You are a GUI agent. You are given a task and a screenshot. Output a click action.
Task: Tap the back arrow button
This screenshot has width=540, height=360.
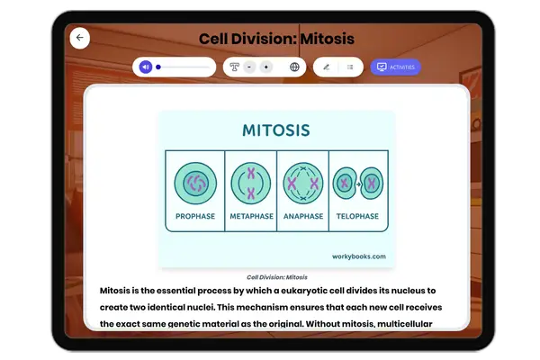pyautogui.click(x=79, y=38)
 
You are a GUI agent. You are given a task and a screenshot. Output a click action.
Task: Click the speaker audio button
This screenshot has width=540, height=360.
pyautogui.click(x=146, y=67)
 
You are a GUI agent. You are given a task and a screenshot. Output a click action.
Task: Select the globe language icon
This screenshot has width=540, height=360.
pyautogui.click(x=294, y=67)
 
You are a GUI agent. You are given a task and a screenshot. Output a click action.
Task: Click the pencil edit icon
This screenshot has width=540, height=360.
pyautogui.click(x=326, y=67)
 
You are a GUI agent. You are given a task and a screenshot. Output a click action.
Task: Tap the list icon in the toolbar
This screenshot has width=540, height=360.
pyautogui.click(x=350, y=67)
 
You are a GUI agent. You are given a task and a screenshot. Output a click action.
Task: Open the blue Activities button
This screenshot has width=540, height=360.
pyautogui.click(x=395, y=67)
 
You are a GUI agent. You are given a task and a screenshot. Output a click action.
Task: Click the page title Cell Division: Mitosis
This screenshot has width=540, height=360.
pyautogui.click(x=276, y=39)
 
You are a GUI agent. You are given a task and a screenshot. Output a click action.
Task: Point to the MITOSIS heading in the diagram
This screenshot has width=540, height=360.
pyautogui.click(x=276, y=130)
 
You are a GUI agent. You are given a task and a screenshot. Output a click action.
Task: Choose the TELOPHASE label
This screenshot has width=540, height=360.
pyautogui.click(x=358, y=217)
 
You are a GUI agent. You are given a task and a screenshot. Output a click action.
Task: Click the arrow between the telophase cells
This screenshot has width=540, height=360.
pyautogui.click(x=357, y=184)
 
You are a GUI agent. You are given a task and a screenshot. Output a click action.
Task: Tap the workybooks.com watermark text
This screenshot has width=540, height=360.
pyautogui.click(x=358, y=256)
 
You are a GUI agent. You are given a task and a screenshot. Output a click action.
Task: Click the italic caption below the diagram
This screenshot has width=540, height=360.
pyautogui.click(x=277, y=277)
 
